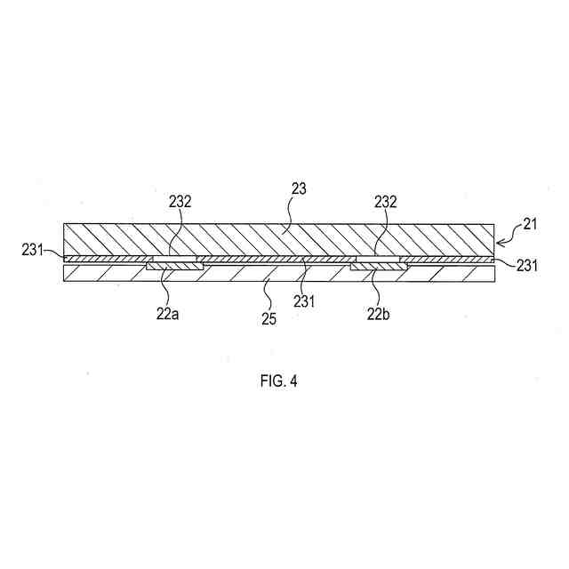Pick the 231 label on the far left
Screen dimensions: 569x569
click(x=33, y=251)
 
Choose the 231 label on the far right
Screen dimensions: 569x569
click(x=525, y=264)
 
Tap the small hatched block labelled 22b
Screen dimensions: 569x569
click(x=379, y=266)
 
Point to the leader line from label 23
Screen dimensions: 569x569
click(x=289, y=213)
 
